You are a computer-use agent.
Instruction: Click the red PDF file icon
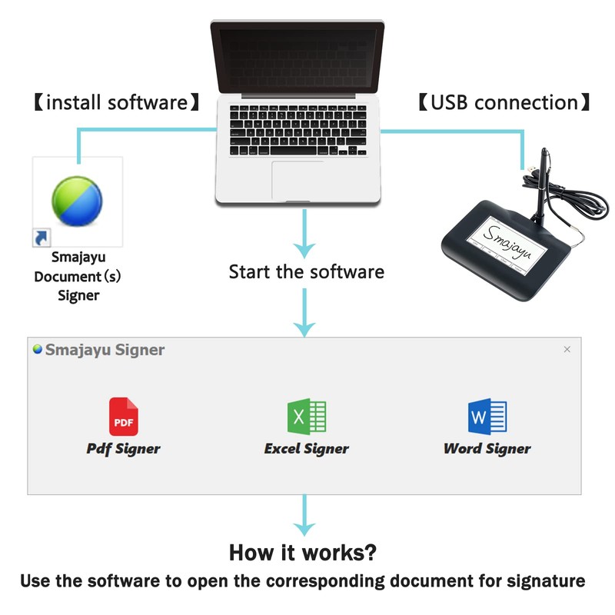click(124, 417)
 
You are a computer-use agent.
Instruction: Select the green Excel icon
click(307, 417)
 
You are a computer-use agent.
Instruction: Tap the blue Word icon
click(487, 417)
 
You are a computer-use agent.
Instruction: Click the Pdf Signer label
click(123, 449)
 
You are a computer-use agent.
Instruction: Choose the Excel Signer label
click(306, 449)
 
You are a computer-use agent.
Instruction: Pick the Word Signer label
click(487, 449)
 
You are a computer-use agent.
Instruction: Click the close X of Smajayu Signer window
click(567, 349)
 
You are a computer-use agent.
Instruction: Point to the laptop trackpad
click(298, 181)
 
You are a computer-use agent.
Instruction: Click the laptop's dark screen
click(298, 58)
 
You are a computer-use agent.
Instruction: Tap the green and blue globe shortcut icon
click(77, 201)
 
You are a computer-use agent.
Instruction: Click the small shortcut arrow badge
click(42, 238)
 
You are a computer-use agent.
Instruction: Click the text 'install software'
click(117, 103)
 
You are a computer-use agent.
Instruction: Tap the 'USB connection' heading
click(504, 103)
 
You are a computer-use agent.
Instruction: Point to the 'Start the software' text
click(306, 272)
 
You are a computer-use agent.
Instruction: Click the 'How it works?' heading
click(302, 553)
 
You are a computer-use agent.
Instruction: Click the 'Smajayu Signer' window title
click(105, 350)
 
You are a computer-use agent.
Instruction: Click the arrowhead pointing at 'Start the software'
click(304, 250)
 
